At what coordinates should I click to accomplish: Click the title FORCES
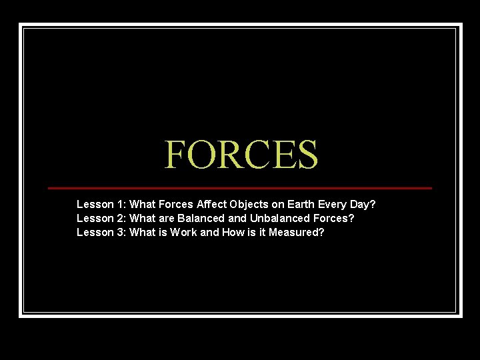point(241,154)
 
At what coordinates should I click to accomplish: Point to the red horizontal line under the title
point(240,188)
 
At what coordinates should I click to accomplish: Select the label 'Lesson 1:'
point(101,203)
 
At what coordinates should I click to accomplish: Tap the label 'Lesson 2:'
point(101,218)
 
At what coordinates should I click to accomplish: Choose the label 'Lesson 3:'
point(101,233)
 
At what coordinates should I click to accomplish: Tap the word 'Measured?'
point(297,233)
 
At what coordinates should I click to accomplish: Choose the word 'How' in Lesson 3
point(232,233)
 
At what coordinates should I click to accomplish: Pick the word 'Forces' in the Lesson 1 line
point(176,203)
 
